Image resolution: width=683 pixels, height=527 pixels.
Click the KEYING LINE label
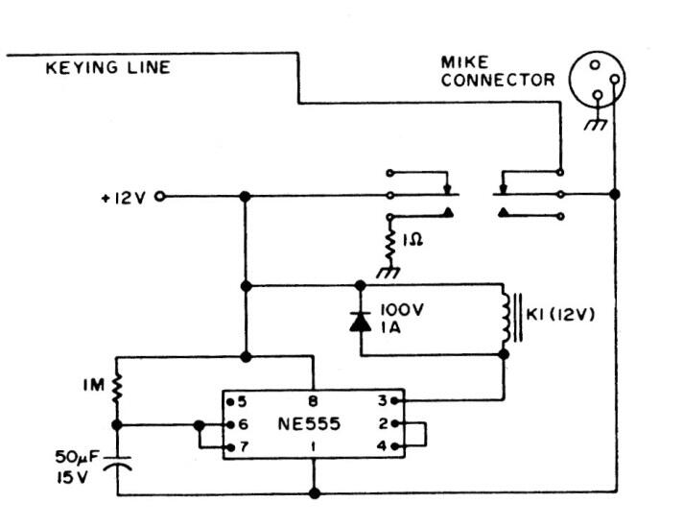pyautogui.click(x=108, y=67)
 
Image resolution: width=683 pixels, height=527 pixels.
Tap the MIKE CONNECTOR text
pyautogui.click(x=498, y=71)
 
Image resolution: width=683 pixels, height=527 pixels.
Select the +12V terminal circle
pyautogui.click(x=160, y=197)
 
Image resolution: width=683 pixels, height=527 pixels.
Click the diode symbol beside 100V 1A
pyautogui.click(x=361, y=322)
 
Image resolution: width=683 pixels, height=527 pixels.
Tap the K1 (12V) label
pyautogui.click(x=560, y=314)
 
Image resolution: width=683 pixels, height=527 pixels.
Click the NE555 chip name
pyautogui.click(x=309, y=423)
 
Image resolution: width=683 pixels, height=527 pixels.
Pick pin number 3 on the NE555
pyautogui.click(x=382, y=400)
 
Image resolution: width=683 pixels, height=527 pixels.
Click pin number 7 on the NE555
pyautogui.click(x=243, y=446)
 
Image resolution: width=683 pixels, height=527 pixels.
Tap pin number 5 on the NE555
pyautogui.click(x=242, y=401)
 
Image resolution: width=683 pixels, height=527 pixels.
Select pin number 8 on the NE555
pyautogui.click(x=313, y=401)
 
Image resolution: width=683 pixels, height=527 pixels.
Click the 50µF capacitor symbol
pyautogui.click(x=117, y=463)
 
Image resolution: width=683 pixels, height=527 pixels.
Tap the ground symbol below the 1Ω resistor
pyautogui.click(x=389, y=272)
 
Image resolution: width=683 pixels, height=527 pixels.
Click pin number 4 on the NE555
pyautogui.click(x=382, y=446)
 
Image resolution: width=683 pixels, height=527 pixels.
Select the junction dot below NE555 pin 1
pyautogui.click(x=315, y=493)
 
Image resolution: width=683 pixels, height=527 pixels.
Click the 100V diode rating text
pyautogui.click(x=402, y=310)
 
